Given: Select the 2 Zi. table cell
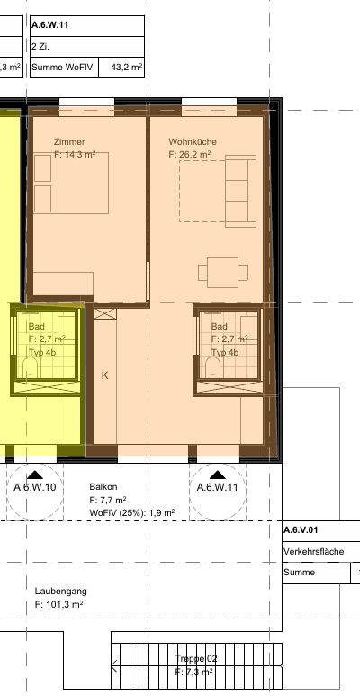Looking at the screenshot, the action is coord(87,47).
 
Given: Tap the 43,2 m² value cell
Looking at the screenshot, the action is coord(121,68).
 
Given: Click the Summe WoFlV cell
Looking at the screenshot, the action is coord(65,68).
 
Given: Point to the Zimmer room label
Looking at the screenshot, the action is coord(69,142).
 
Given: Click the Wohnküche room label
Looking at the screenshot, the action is coord(193,142).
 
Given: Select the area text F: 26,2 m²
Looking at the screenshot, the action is coord(190,155).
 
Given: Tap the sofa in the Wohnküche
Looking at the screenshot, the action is coord(240,191).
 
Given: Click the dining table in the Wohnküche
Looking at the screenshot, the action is coord(223,272).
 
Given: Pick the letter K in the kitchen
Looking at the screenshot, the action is coord(104,375).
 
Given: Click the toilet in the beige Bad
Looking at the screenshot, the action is coord(213,368).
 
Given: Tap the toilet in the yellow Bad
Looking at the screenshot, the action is coord(31,368).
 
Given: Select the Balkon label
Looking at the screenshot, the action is coord(103,487).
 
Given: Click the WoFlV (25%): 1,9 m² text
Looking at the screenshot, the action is coord(131,512).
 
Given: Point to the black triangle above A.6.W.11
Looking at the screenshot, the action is coord(218,475).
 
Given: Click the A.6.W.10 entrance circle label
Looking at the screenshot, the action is coord(35,487).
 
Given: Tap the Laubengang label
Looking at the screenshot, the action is coord(61,592).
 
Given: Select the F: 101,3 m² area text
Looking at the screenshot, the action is coord(59,604).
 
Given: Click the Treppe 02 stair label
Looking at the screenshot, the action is coord(196,659).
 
